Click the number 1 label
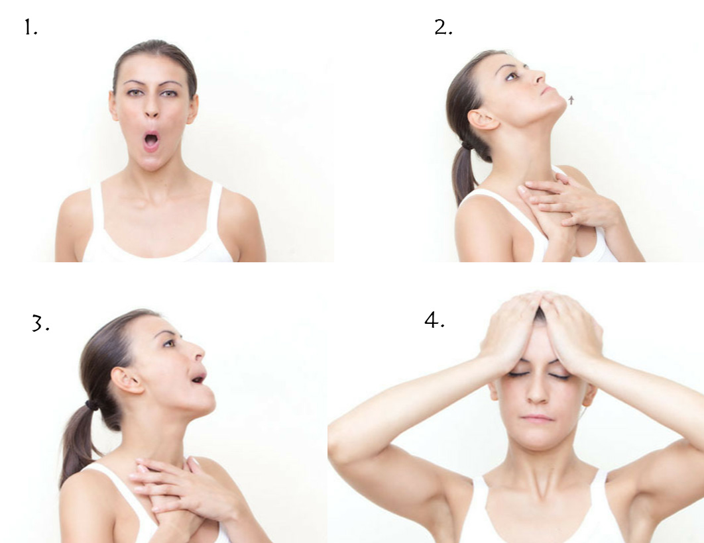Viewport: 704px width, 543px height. pyautogui.click(x=30, y=28)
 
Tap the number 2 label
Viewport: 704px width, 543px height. pyautogui.click(x=443, y=28)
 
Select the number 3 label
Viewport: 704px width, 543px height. pyautogui.click(x=40, y=323)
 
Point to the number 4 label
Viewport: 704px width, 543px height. pyautogui.click(x=435, y=320)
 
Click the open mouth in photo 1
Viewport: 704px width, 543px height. pyautogui.click(x=151, y=142)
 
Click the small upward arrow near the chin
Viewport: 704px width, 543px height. pyautogui.click(x=571, y=99)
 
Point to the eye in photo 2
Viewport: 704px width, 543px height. pyautogui.click(x=511, y=77)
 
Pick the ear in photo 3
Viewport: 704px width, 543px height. pyautogui.click(x=127, y=380)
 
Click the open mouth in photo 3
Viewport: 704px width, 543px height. pyautogui.click(x=198, y=377)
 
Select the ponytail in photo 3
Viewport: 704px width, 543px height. pyautogui.click(x=77, y=442)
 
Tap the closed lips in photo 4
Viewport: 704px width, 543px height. pyautogui.click(x=537, y=419)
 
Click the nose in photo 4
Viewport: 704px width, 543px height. pyautogui.click(x=537, y=391)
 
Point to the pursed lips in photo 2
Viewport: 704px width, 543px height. pyautogui.click(x=546, y=90)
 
